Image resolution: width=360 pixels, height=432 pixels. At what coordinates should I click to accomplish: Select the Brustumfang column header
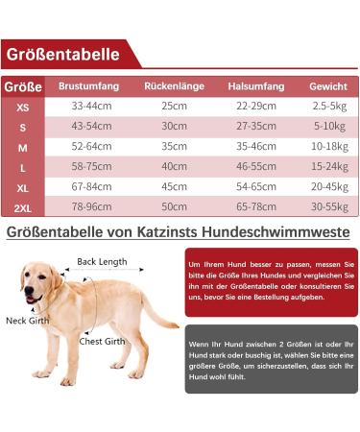coord(88,86)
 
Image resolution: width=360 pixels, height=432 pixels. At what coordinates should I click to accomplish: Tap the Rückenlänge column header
coord(174,86)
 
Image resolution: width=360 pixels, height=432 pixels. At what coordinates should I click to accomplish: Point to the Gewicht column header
coord(328,86)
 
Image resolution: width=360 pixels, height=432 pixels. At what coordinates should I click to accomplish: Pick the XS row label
coord(22,107)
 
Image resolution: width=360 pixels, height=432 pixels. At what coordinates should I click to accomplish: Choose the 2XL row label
coord(22,207)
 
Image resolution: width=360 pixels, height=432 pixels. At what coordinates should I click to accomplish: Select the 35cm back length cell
coord(174,146)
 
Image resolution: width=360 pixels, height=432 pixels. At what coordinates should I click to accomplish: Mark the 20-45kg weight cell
coord(328,187)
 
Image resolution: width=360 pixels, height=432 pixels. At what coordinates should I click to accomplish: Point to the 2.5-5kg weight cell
coord(328,106)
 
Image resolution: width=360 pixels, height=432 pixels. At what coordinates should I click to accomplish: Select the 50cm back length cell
coord(174,207)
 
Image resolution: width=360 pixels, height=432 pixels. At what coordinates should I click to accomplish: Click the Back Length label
coord(102,261)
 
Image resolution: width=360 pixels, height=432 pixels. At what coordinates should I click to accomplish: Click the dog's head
coord(37,278)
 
